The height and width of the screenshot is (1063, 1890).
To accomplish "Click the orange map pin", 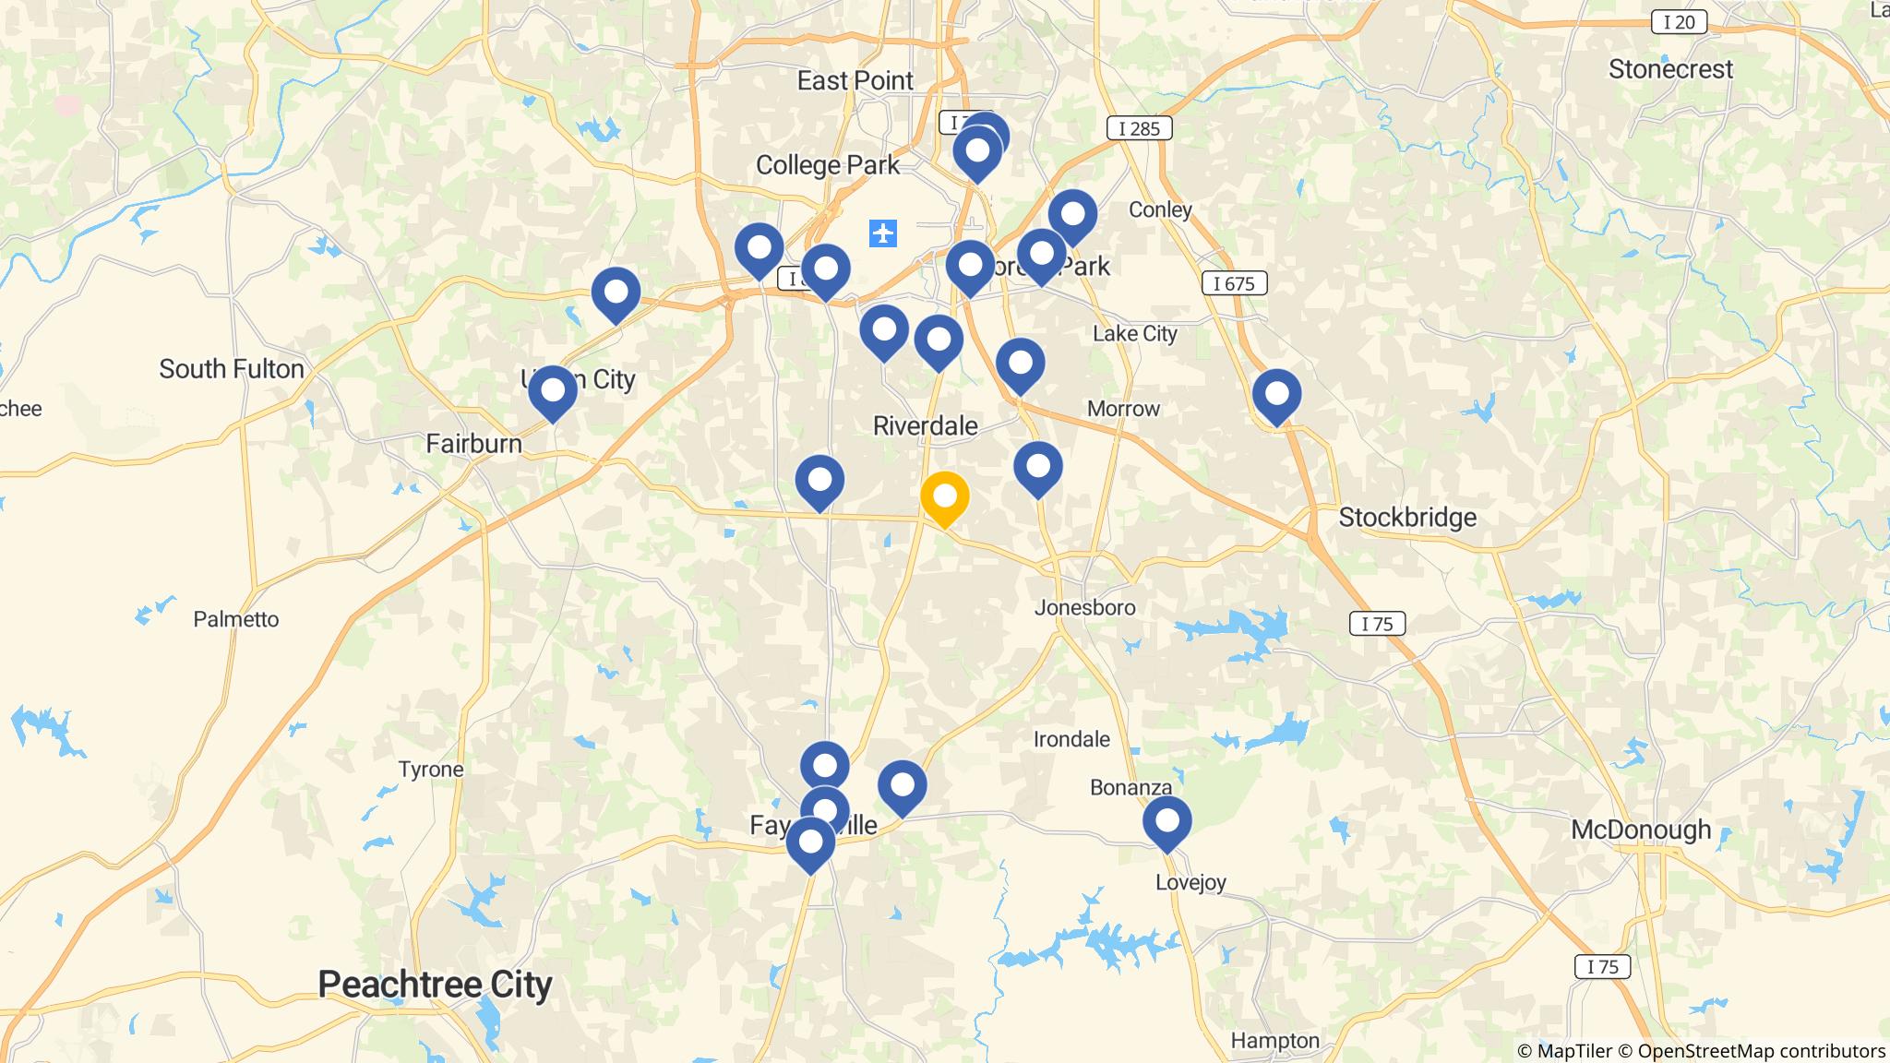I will [944, 497].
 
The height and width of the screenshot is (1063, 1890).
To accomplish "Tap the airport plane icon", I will [883, 233].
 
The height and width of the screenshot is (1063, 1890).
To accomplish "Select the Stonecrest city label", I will [1670, 69].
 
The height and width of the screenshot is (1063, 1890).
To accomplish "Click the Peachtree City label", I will [435, 985].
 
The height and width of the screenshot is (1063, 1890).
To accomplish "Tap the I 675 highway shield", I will [1234, 283].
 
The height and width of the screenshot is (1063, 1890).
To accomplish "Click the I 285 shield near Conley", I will [1139, 128].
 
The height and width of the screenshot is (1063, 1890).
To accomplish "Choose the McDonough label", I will [1640, 830].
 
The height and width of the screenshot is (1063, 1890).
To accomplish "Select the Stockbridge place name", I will [1407, 518].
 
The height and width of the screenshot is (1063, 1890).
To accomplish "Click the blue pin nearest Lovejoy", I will [1166, 820].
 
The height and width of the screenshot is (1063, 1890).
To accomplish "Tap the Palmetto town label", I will [236, 619].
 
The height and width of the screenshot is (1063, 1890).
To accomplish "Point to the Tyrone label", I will [431, 770].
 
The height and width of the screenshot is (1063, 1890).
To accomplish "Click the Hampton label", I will [1275, 1041].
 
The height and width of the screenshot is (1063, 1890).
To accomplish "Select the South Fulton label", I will [232, 369].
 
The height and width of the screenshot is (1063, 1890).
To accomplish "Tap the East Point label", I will [855, 81].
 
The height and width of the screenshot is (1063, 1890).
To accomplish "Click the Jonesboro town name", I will [1084, 607].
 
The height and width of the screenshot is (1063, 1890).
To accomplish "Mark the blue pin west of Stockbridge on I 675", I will [1276, 394].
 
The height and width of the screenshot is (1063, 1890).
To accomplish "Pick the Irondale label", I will [1071, 739].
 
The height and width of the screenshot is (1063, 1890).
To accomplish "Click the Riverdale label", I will [926, 425].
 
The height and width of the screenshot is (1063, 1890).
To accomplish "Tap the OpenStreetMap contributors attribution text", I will [1761, 1051].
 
